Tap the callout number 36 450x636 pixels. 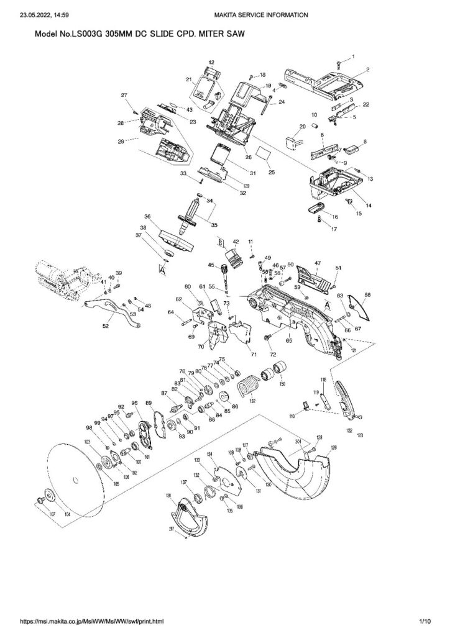coord(147,216)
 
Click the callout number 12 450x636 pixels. coord(211,63)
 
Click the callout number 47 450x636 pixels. coord(317,263)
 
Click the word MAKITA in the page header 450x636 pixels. coord(227,14)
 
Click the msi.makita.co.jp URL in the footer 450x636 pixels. coord(93,620)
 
